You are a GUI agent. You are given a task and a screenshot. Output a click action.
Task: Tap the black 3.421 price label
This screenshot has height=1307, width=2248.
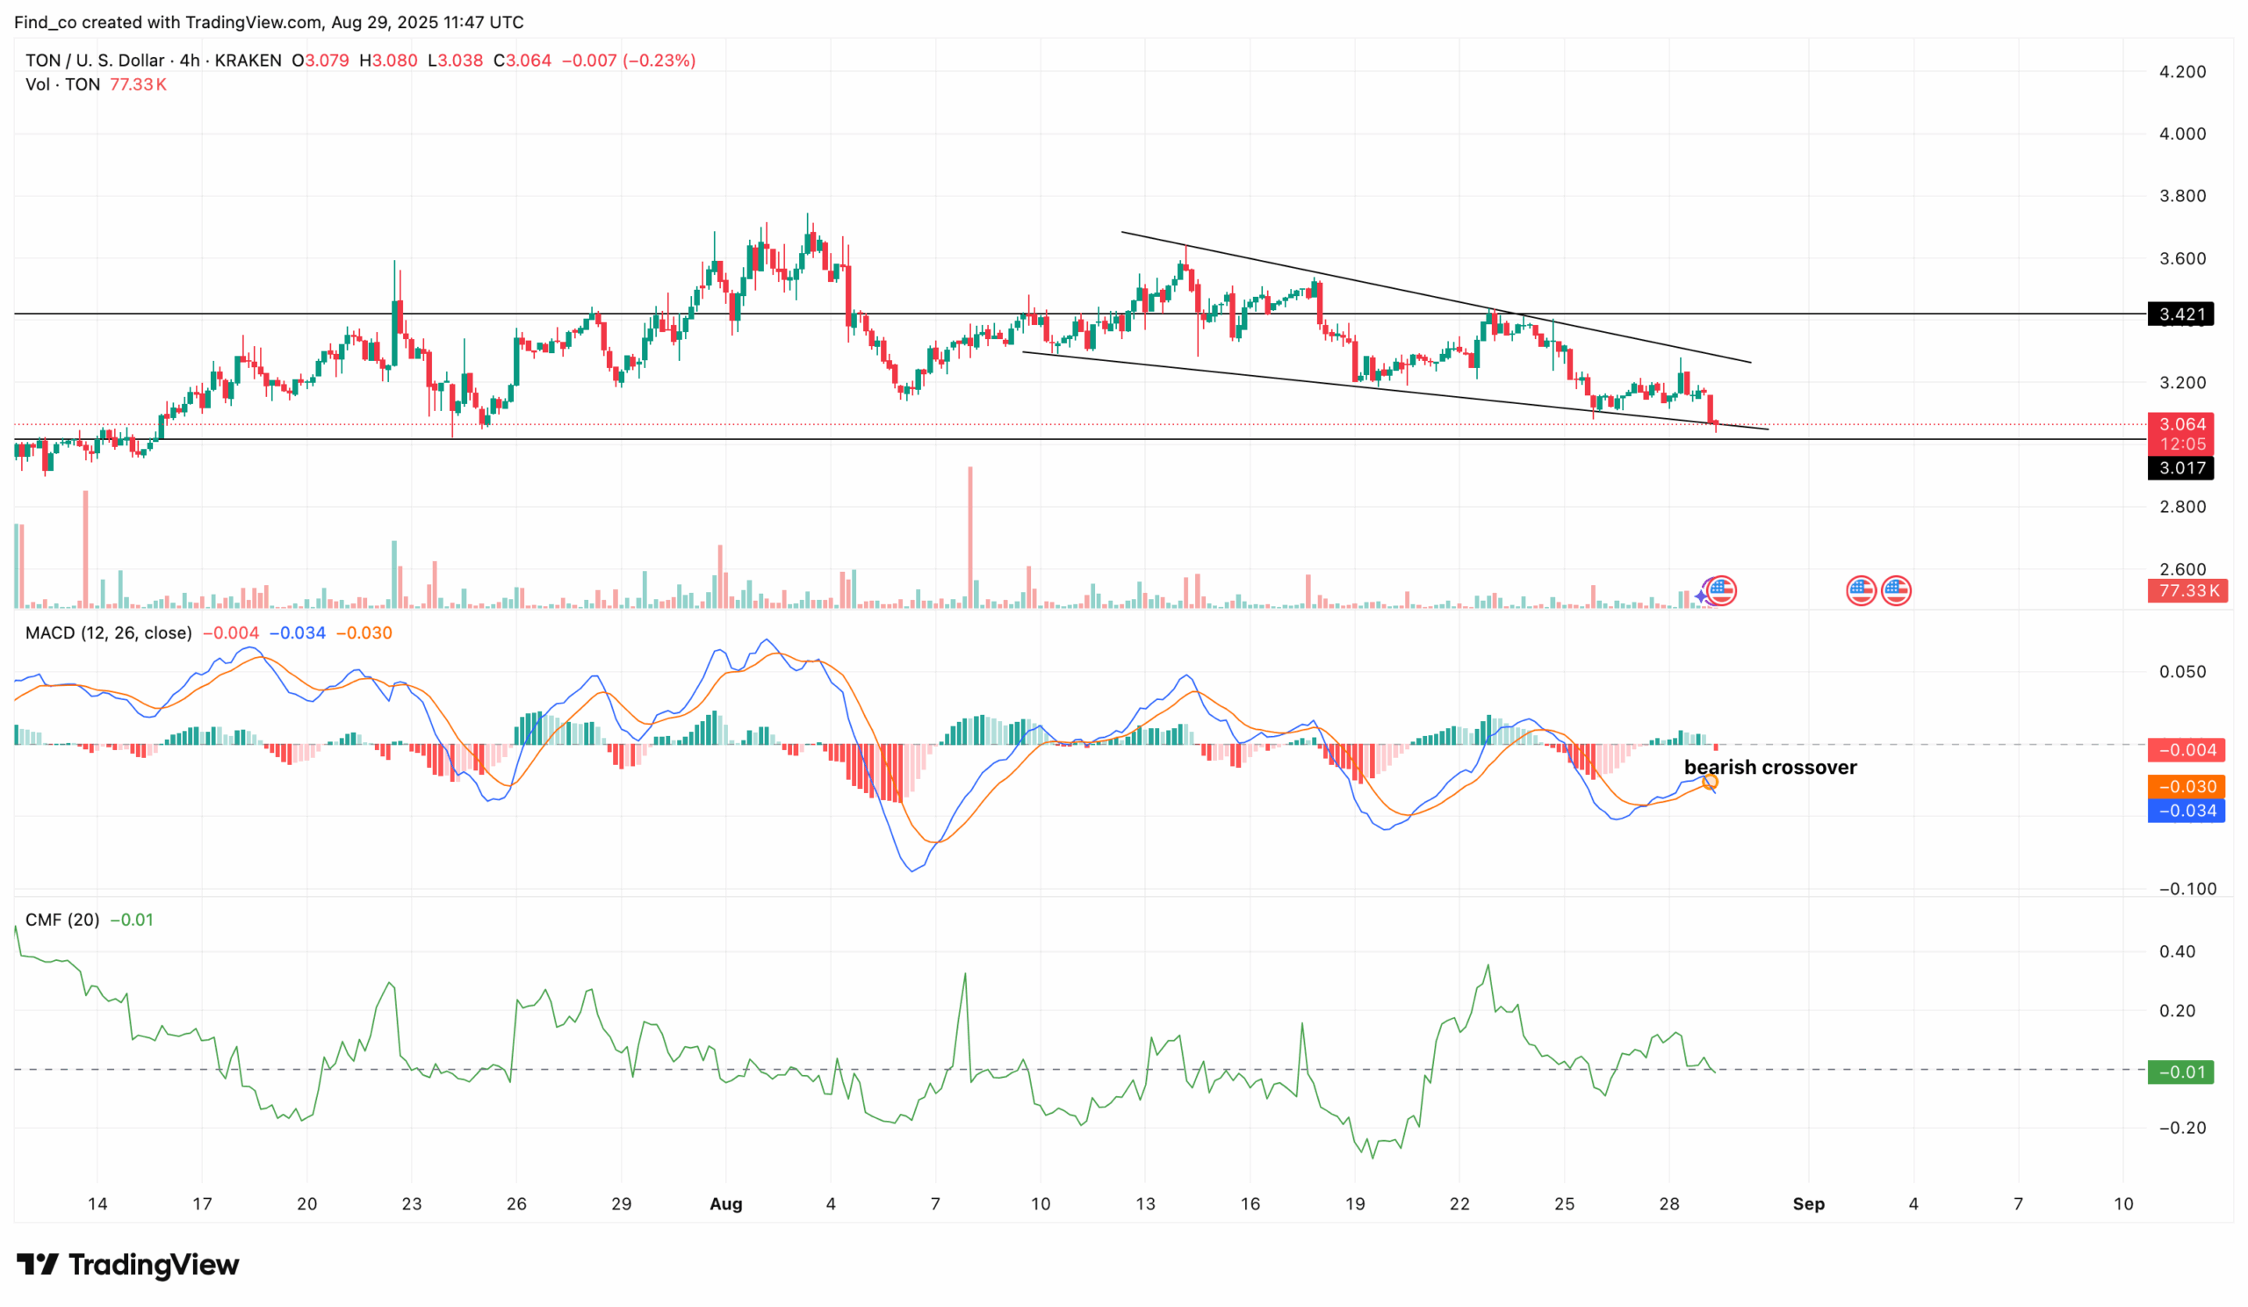tap(2181, 314)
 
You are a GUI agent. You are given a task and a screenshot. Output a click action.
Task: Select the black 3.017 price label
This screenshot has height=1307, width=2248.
tap(2181, 467)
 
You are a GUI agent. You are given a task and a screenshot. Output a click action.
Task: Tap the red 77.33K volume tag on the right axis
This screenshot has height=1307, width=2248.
tap(2187, 590)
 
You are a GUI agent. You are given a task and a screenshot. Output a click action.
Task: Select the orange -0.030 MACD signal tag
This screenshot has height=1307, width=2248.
tap(2187, 787)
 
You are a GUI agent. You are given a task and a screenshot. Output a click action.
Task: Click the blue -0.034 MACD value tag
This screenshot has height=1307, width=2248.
tap(2187, 811)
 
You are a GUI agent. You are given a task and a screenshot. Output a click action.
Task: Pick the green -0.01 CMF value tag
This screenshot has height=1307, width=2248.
tap(2181, 1072)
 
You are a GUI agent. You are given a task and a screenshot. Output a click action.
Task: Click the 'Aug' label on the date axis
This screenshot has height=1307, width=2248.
tap(725, 1204)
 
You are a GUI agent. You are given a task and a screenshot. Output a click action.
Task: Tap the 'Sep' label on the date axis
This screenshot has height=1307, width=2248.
tap(1808, 1204)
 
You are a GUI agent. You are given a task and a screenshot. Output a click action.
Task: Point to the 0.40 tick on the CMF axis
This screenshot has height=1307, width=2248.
tap(2177, 952)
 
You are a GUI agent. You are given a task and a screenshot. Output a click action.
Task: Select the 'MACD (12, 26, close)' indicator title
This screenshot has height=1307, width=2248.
tap(109, 633)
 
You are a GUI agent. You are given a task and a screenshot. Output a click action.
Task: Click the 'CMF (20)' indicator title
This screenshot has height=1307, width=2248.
tap(62, 920)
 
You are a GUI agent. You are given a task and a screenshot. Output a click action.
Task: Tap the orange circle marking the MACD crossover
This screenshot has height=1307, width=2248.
tap(1710, 783)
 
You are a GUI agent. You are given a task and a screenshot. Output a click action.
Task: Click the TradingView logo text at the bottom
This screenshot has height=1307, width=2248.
tap(153, 1265)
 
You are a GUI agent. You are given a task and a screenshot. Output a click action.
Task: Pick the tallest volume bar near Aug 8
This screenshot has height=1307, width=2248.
tap(970, 535)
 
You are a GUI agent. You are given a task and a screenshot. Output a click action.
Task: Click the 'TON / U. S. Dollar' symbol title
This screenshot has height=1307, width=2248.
tap(95, 61)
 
